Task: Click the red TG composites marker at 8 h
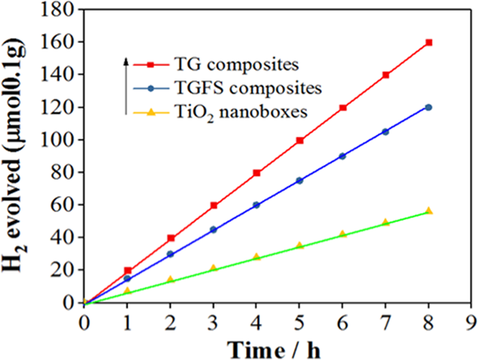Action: [x=429, y=42]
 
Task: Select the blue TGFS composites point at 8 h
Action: [x=429, y=108]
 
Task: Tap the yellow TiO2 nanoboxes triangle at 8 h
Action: [x=429, y=211]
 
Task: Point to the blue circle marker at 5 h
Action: [x=300, y=181]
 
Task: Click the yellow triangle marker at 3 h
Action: [x=214, y=268]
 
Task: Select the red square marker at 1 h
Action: [x=128, y=271]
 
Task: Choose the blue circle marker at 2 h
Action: [x=171, y=254]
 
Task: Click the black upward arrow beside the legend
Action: [x=126, y=85]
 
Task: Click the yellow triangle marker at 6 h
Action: [x=343, y=234]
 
